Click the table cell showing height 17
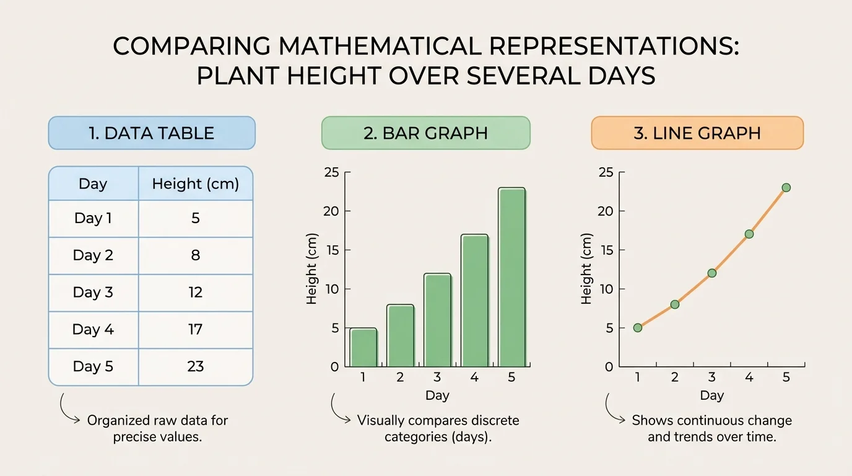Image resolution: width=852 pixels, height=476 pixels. point(195,329)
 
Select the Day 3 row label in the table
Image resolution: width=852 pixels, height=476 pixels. point(93,292)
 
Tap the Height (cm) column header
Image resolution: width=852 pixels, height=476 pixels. point(195,184)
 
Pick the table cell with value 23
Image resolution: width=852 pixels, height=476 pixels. point(195,366)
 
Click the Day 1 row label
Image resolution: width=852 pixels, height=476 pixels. point(93,218)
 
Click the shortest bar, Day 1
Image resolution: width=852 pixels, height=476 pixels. point(363,348)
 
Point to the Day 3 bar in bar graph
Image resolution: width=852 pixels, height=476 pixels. point(437,320)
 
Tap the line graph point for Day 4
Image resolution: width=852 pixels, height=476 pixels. point(749,234)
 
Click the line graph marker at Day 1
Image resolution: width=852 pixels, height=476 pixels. point(638,327)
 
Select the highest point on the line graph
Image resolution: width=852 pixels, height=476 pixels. point(786,188)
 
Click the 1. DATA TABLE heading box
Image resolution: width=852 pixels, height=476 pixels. point(152,133)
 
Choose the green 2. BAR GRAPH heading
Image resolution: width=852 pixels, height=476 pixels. point(425,133)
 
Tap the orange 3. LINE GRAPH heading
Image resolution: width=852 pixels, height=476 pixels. point(697,133)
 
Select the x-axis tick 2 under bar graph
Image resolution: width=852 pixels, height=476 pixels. point(400,377)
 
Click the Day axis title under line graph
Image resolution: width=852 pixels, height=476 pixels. point(711,395)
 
